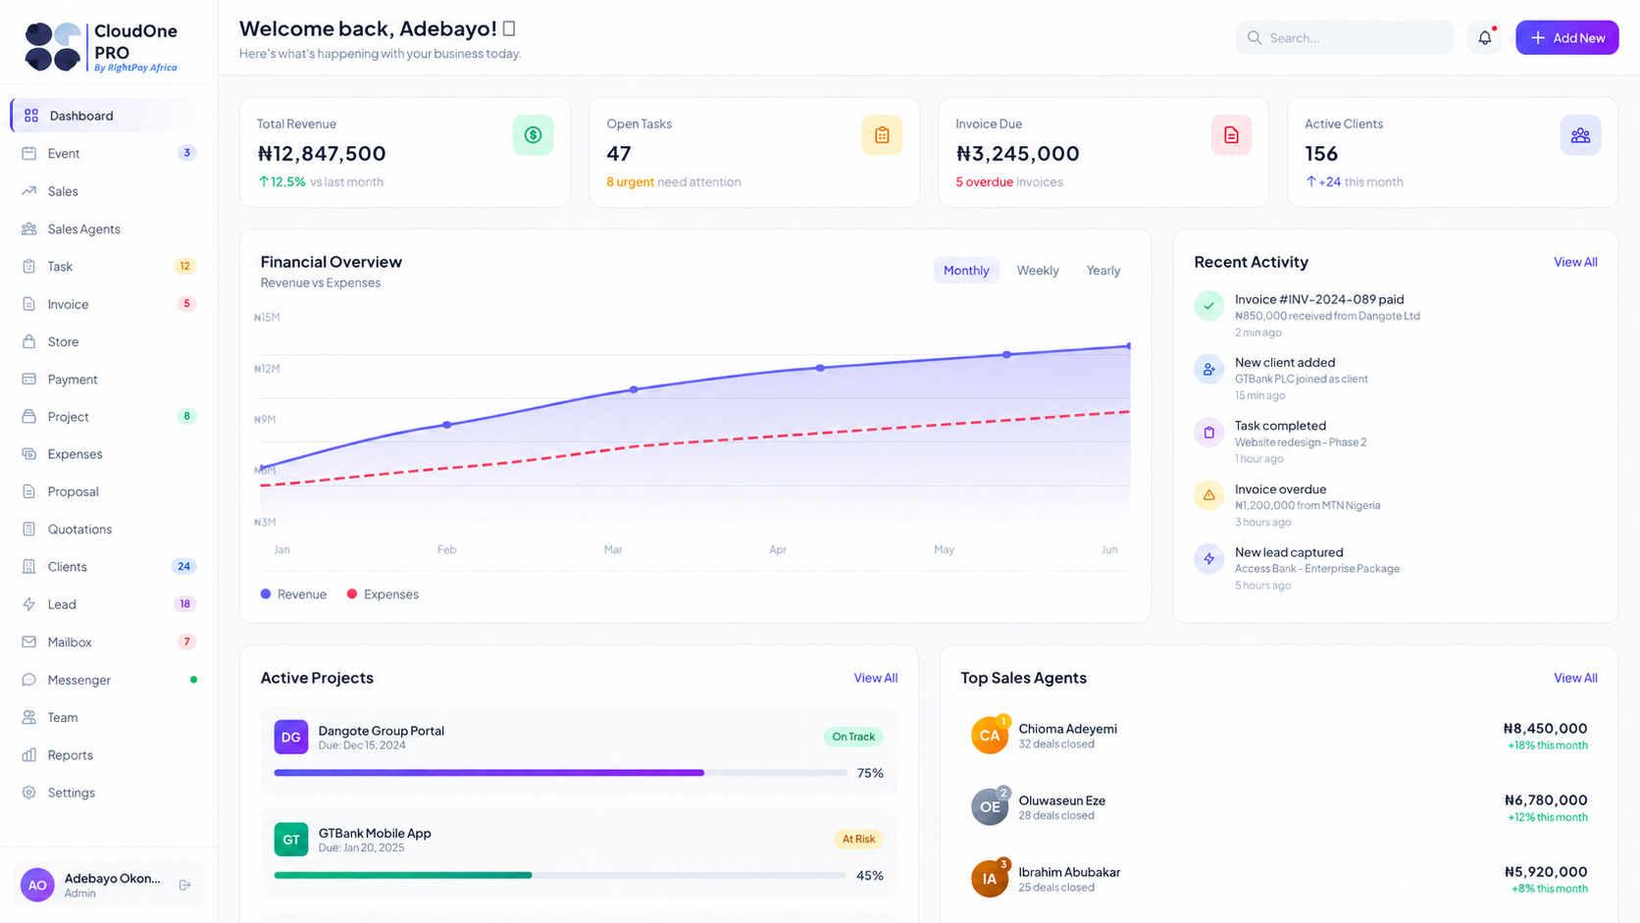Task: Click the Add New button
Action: pos(1566,37)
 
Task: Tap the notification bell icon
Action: pos(1485,37)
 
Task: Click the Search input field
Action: pos(1344,37)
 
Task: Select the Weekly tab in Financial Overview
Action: pos(1038,270)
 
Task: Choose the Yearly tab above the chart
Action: pos(1103,270)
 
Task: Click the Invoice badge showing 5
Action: pos(186,304)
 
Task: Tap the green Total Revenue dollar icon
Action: pos(533,134)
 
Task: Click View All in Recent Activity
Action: pos(1575,262)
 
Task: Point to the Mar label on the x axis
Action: pos(613,549)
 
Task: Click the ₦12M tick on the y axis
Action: pos(267,369)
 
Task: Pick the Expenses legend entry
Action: pos(383,594)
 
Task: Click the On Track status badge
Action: pos(853,737)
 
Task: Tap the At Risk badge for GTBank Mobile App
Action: pos(858,840)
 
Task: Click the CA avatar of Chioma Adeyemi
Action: pos(989,736)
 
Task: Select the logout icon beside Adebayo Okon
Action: pos(185,885)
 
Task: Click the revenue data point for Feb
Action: pos(447,425)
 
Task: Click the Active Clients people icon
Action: pos(1580,134)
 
